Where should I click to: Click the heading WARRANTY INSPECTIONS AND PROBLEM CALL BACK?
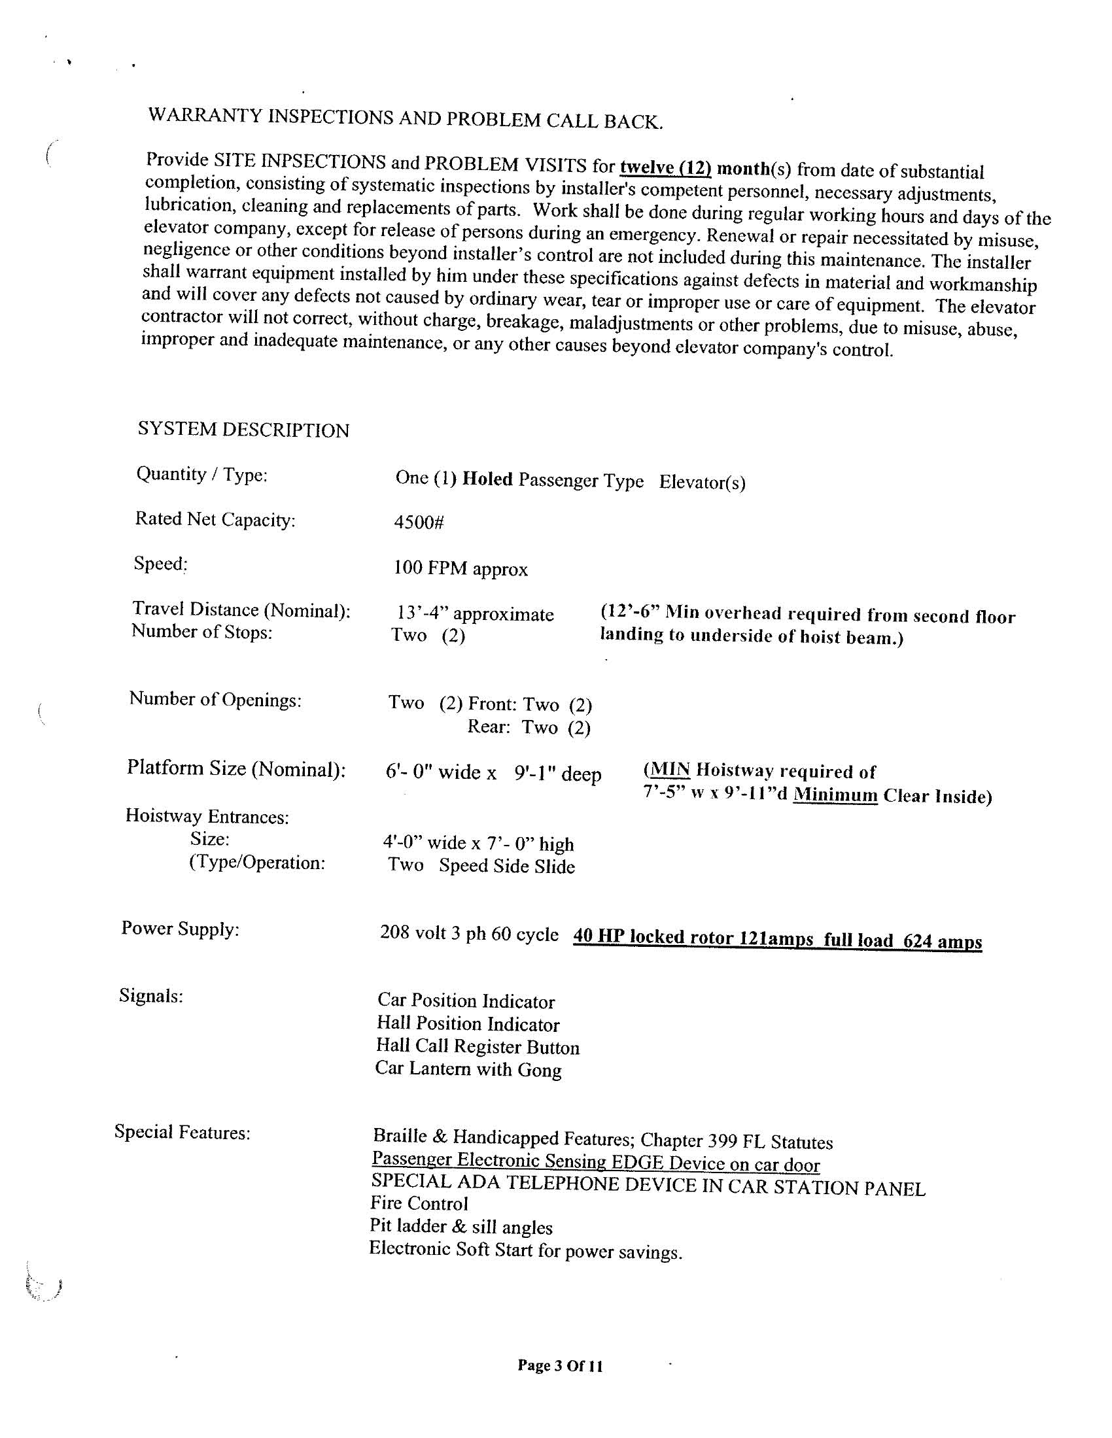point(405,118)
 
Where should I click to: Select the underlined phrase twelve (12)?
point(665,168)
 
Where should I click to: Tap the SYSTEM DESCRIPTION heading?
point(243,429)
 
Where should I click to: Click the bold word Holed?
point(487,479)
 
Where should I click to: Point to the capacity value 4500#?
point(419,522)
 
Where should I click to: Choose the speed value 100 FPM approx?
point(460,568)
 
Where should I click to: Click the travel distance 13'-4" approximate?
point(475,613)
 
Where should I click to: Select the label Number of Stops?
point(201,632)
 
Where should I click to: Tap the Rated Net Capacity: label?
point(215,519)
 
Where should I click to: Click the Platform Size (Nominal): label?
point(236,768)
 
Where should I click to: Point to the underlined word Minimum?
point(835,795)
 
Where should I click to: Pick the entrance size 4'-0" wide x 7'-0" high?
point(478,843)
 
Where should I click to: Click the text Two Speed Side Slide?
point(481,865)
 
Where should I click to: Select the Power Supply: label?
point(180,929)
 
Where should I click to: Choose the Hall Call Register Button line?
point(478,1046)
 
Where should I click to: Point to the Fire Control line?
point(419,1204)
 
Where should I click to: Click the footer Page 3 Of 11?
point(560,1365)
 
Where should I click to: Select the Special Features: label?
point(182,1133)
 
